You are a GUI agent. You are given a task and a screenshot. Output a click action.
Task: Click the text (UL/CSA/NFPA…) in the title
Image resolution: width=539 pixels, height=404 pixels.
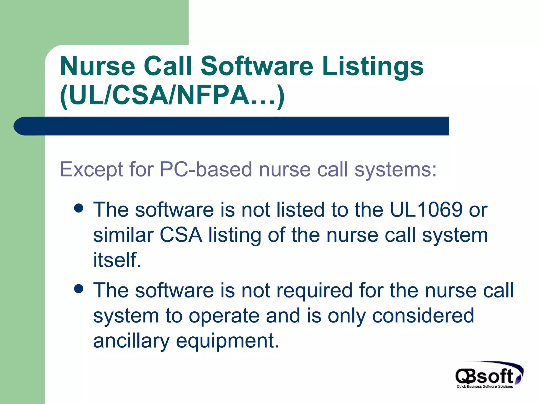pos(172,95)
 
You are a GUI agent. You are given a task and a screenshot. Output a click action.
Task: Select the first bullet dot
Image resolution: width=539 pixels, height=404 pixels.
pos(79,209)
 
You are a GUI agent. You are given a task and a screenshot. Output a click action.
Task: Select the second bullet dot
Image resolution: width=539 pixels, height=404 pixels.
pos(79,289)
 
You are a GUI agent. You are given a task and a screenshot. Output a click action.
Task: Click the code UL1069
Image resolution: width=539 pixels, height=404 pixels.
pos(426,210)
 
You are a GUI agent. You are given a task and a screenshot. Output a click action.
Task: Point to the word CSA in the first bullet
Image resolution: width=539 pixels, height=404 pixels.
pos(181,235)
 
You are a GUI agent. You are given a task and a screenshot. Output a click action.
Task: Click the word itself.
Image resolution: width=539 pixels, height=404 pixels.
pos(117,260)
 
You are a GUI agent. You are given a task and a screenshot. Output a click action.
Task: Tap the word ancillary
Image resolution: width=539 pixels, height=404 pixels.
pos(131,341)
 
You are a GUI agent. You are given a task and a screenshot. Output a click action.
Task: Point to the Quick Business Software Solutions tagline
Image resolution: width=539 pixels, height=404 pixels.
pos(485,386)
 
